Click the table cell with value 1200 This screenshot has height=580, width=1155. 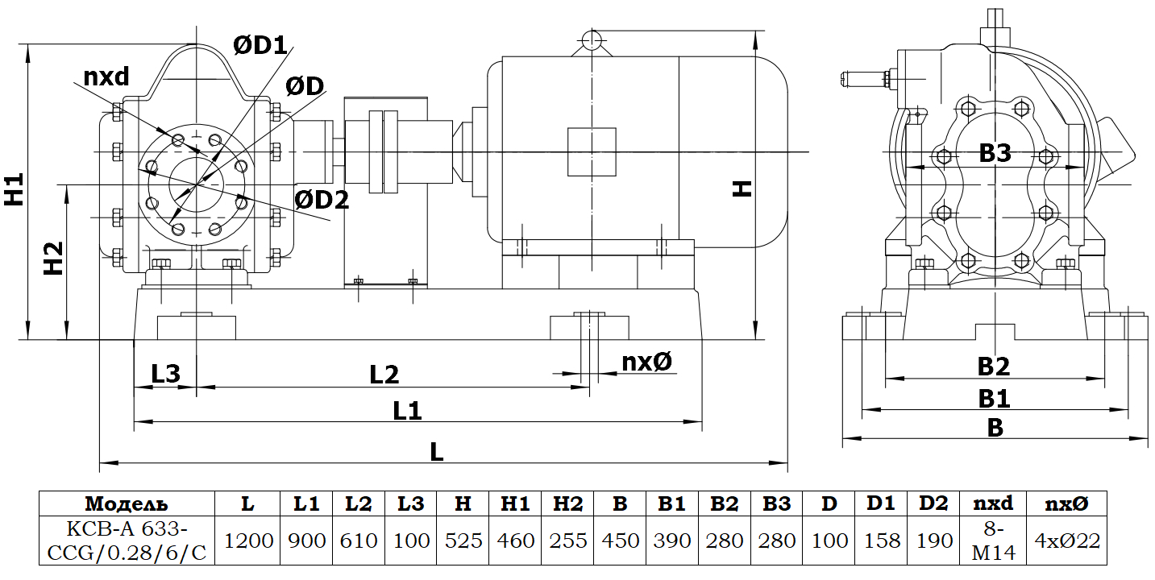247,540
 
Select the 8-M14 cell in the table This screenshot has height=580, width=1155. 993,540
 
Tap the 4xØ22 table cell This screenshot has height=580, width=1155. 1066,540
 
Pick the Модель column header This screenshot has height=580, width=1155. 127,504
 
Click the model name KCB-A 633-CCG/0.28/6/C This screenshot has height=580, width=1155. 127,540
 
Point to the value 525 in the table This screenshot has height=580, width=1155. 463,540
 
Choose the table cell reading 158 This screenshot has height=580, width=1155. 881,540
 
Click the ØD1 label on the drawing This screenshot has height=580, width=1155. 260,45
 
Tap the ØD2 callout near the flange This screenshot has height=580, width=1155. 322,199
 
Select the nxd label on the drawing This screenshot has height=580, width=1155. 106,77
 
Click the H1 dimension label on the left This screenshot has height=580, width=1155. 14,189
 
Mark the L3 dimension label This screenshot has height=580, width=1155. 166,374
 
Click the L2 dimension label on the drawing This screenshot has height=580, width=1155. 384,374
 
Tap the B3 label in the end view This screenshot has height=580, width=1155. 995,153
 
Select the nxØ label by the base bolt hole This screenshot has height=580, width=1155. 646,362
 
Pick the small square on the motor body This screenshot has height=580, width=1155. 592,151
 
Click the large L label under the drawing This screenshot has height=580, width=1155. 436,451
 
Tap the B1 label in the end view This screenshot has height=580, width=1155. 994,398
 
